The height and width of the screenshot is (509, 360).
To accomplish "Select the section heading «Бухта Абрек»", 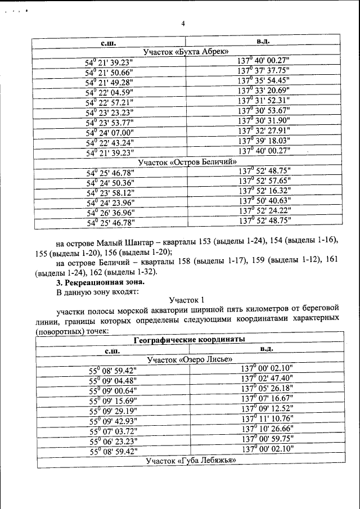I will (x=186, y=52).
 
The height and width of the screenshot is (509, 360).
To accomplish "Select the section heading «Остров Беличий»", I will (x=186, y=162).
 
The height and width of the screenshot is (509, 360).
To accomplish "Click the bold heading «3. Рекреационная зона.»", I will (x=100, y=282).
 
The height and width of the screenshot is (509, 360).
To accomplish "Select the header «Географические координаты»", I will (x=189, y=340).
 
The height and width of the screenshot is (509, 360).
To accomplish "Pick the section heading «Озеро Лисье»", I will (x=189, y=359).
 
